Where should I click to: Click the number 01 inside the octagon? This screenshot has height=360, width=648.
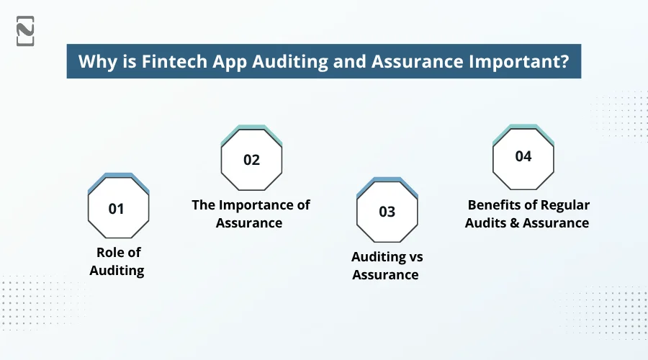point(117,210)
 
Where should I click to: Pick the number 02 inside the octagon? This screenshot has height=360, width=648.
point(251,160)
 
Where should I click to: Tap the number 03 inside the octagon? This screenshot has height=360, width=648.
point(387,212)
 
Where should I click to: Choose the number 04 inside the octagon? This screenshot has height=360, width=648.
point(523,156)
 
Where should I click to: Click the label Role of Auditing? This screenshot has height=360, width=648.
point(117,261)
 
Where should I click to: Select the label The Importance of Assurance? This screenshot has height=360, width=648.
point(251,214)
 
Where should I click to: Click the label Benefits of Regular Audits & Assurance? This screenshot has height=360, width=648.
point(527,214)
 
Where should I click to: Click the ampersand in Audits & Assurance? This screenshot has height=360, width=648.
point(513,223)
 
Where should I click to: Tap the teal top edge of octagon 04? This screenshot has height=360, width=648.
point(523,127)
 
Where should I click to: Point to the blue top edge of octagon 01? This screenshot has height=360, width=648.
point(118,176)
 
